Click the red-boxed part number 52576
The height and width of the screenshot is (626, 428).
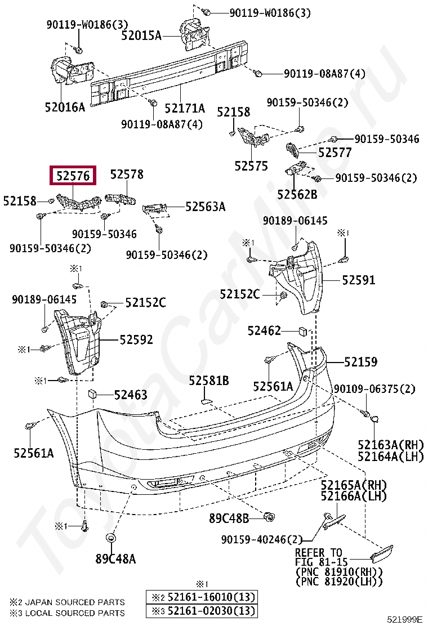(73, 176)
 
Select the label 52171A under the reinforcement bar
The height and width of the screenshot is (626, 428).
(185, 108)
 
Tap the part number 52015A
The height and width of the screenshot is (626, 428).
(141, 36)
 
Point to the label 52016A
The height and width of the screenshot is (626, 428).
(65, 106)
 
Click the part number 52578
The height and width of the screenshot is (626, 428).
(127, 175)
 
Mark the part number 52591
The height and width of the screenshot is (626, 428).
(360, 280)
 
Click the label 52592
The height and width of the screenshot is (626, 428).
(136, 339)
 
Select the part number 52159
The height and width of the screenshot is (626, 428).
(361, 362)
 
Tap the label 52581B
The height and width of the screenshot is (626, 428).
(209, 381)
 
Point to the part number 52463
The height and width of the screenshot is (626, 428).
(131, 395)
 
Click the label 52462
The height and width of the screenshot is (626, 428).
(264, 330)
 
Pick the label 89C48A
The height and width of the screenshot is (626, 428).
(115, 559)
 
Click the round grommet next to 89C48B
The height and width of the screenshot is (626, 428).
(270, 516)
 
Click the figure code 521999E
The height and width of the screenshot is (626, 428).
(404, 620)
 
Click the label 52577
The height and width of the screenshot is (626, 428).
(335, 153)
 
